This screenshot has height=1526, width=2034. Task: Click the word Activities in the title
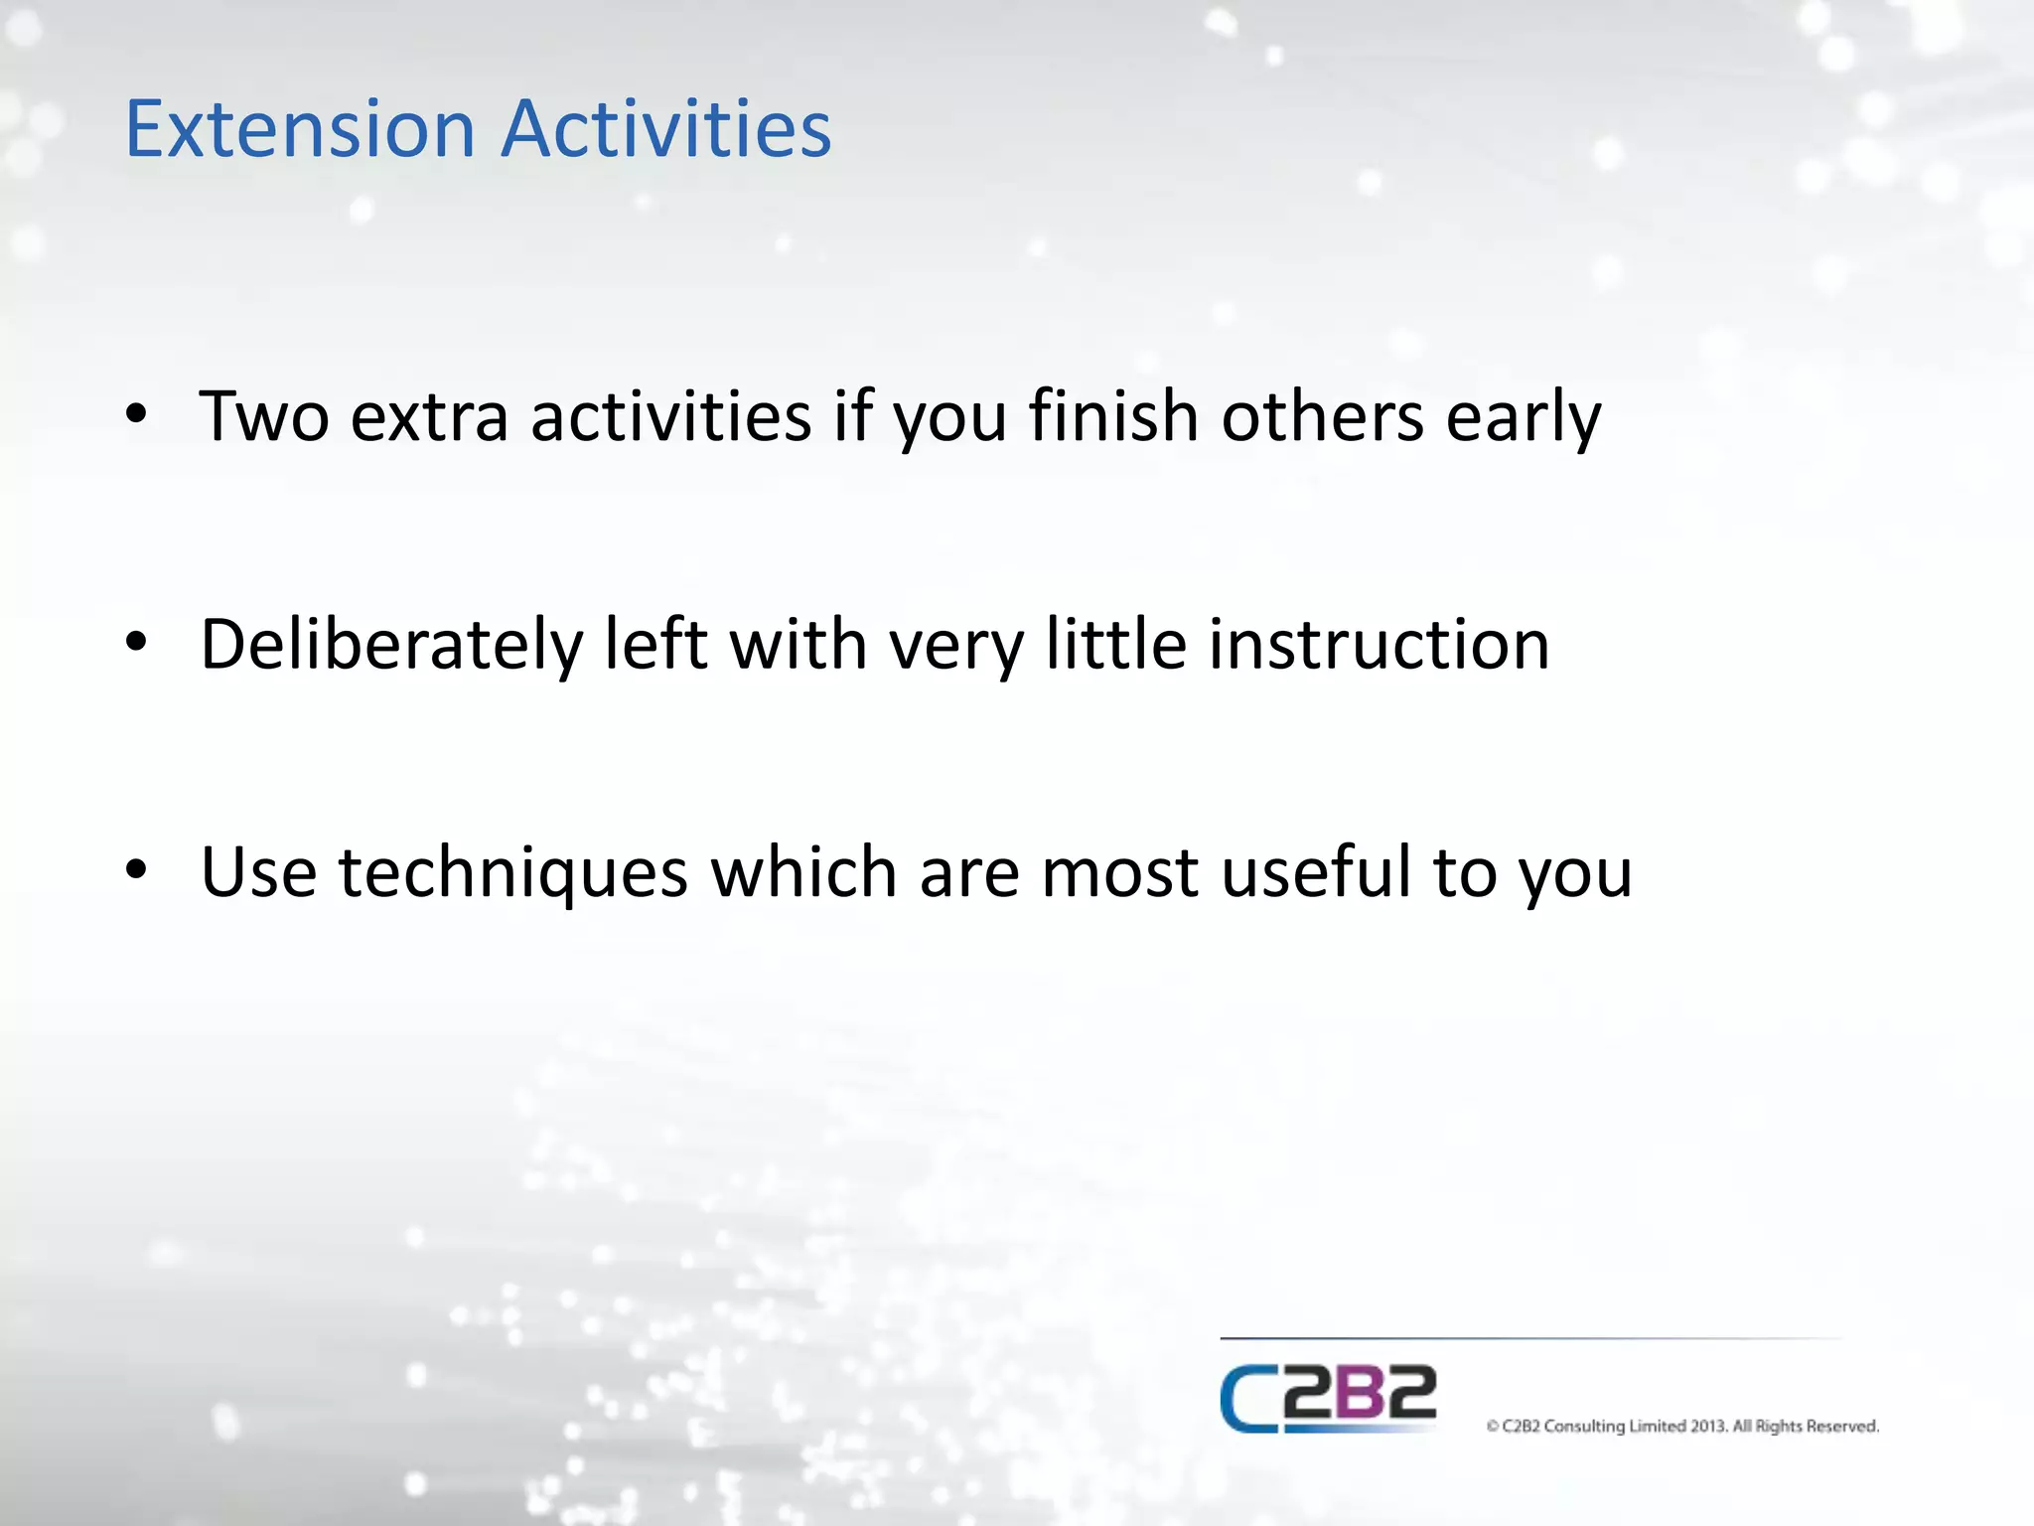[665, 129]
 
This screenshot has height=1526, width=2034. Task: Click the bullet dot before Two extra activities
[136, 414]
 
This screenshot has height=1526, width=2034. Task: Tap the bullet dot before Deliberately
[136, 643]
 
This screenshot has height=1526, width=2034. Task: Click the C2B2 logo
[1328, 1399]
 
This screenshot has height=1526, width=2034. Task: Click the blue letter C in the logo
[1247, 1399]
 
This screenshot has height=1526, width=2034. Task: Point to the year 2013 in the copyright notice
[1708, 1427]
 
